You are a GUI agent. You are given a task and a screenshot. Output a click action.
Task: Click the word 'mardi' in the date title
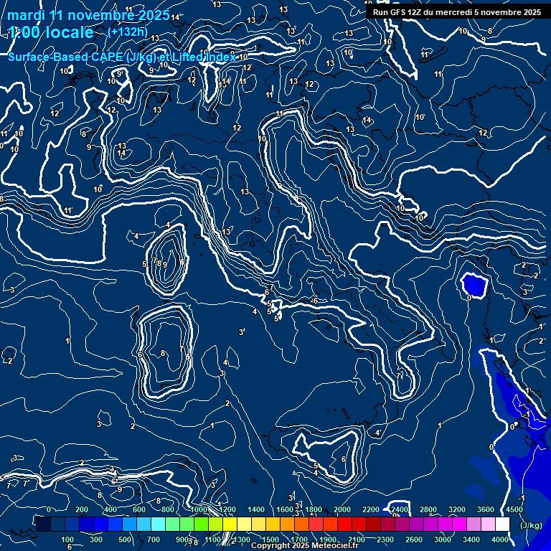[x=27, y=15]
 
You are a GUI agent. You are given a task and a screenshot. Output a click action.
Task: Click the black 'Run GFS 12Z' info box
[x=456, y=12]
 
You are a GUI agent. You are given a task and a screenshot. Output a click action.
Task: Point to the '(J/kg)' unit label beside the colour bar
[x=530, y=525]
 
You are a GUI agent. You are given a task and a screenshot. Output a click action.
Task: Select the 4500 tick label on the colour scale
[x=514, y=509]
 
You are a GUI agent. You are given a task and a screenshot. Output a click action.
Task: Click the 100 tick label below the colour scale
[x=67, y=540]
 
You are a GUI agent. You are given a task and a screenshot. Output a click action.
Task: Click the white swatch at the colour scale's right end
[x=502, y=524]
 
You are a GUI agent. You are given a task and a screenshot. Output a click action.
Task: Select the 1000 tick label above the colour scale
[x=199, y=509]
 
